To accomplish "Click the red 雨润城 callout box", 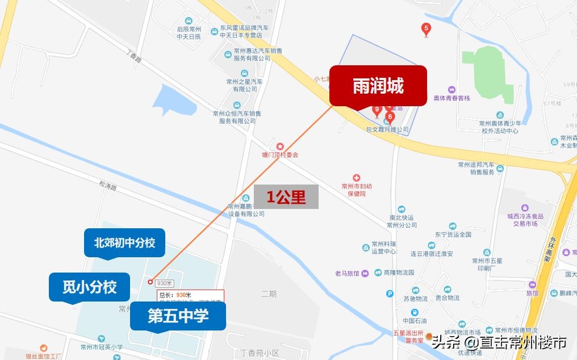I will coord(378,86).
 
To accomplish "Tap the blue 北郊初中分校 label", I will coord(124,242).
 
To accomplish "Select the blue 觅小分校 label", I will coord(89,287).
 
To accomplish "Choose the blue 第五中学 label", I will coord(178,316).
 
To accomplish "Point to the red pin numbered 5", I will coord(426,28).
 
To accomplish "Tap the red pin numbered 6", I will coord(390,117).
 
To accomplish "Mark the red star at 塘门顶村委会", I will coord(279,147).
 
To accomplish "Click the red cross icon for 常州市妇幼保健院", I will coord(357,178).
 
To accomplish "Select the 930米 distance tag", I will coord(165,283).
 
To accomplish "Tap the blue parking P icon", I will coord(390,294).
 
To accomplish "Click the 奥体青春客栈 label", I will coord(451,98).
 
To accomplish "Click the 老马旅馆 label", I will coord(347,273).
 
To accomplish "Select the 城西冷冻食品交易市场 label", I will coord(525,220).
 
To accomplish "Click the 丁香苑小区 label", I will coord(260,353).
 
